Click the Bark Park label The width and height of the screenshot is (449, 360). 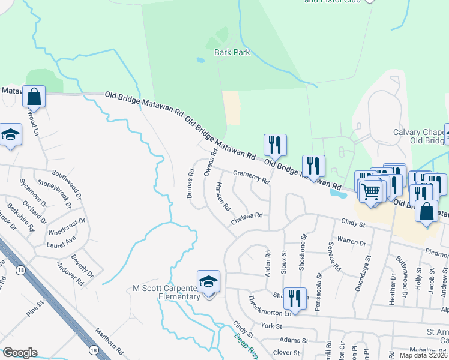pos(232,52)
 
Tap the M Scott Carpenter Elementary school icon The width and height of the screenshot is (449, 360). pos(208,282)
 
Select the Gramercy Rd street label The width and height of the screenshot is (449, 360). pos(251,176)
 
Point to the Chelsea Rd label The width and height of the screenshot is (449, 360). pos(247,218)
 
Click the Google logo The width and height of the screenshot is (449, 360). pos(20,352)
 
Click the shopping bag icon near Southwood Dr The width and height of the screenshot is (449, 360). pos(34,97)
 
